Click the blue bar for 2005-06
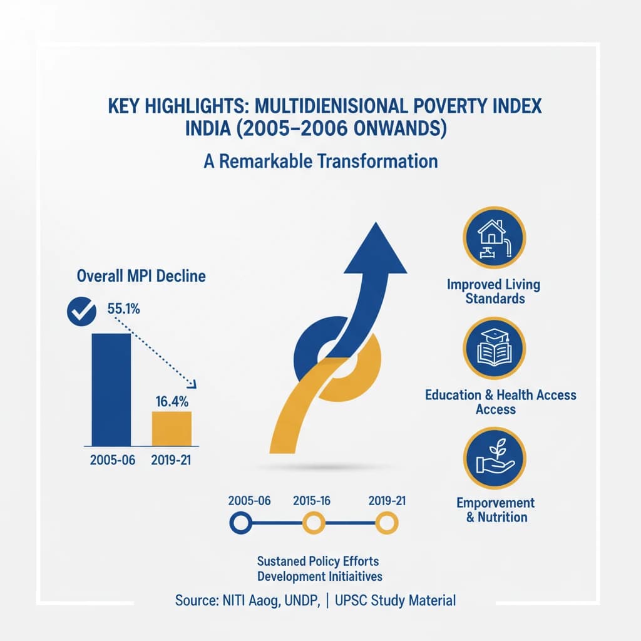111,388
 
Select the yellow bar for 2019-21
172,428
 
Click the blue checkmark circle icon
81,310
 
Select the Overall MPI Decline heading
141,275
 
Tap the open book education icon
494,348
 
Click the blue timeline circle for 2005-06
241,521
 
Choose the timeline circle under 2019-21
386,521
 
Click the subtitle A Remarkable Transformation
320,161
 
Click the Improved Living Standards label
494,291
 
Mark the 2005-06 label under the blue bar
113,459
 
